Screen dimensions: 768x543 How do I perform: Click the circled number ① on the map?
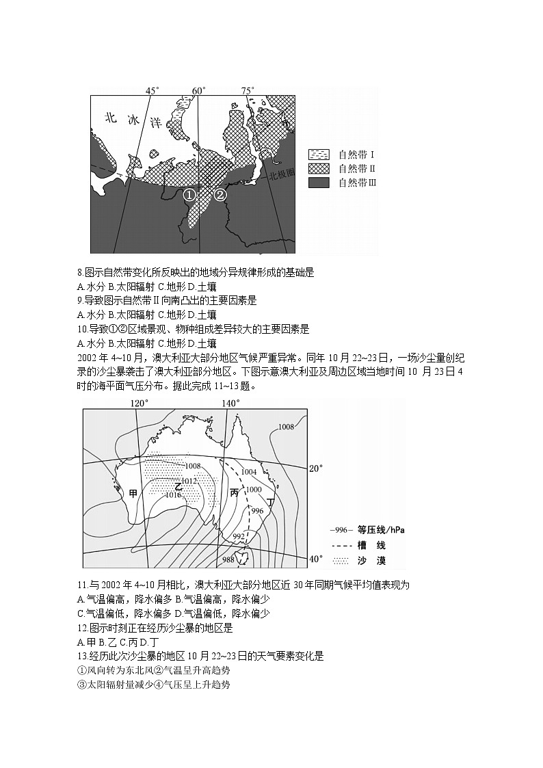tap(189, 195)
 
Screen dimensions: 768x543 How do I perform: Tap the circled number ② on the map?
tap(220, 195)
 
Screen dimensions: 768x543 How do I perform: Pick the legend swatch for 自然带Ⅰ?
tap(319, 153)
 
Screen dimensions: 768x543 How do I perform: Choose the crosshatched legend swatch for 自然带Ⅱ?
tap(319, 168)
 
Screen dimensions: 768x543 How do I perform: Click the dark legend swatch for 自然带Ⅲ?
tap(319, 183)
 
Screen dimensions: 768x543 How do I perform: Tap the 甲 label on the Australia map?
tap(133, 492)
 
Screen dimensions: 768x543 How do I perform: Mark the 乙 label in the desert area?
tap(178, 486)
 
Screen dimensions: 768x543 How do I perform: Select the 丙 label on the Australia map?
tap(235, 492)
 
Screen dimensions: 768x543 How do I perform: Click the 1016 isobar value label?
tap(174, 494)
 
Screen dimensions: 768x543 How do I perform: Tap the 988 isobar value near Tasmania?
tap(230, 560)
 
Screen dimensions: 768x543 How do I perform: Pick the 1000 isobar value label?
tap(254, 490)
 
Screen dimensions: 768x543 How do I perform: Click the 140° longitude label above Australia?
tap(230, 403)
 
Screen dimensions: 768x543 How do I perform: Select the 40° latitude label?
tap(316, 559)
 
